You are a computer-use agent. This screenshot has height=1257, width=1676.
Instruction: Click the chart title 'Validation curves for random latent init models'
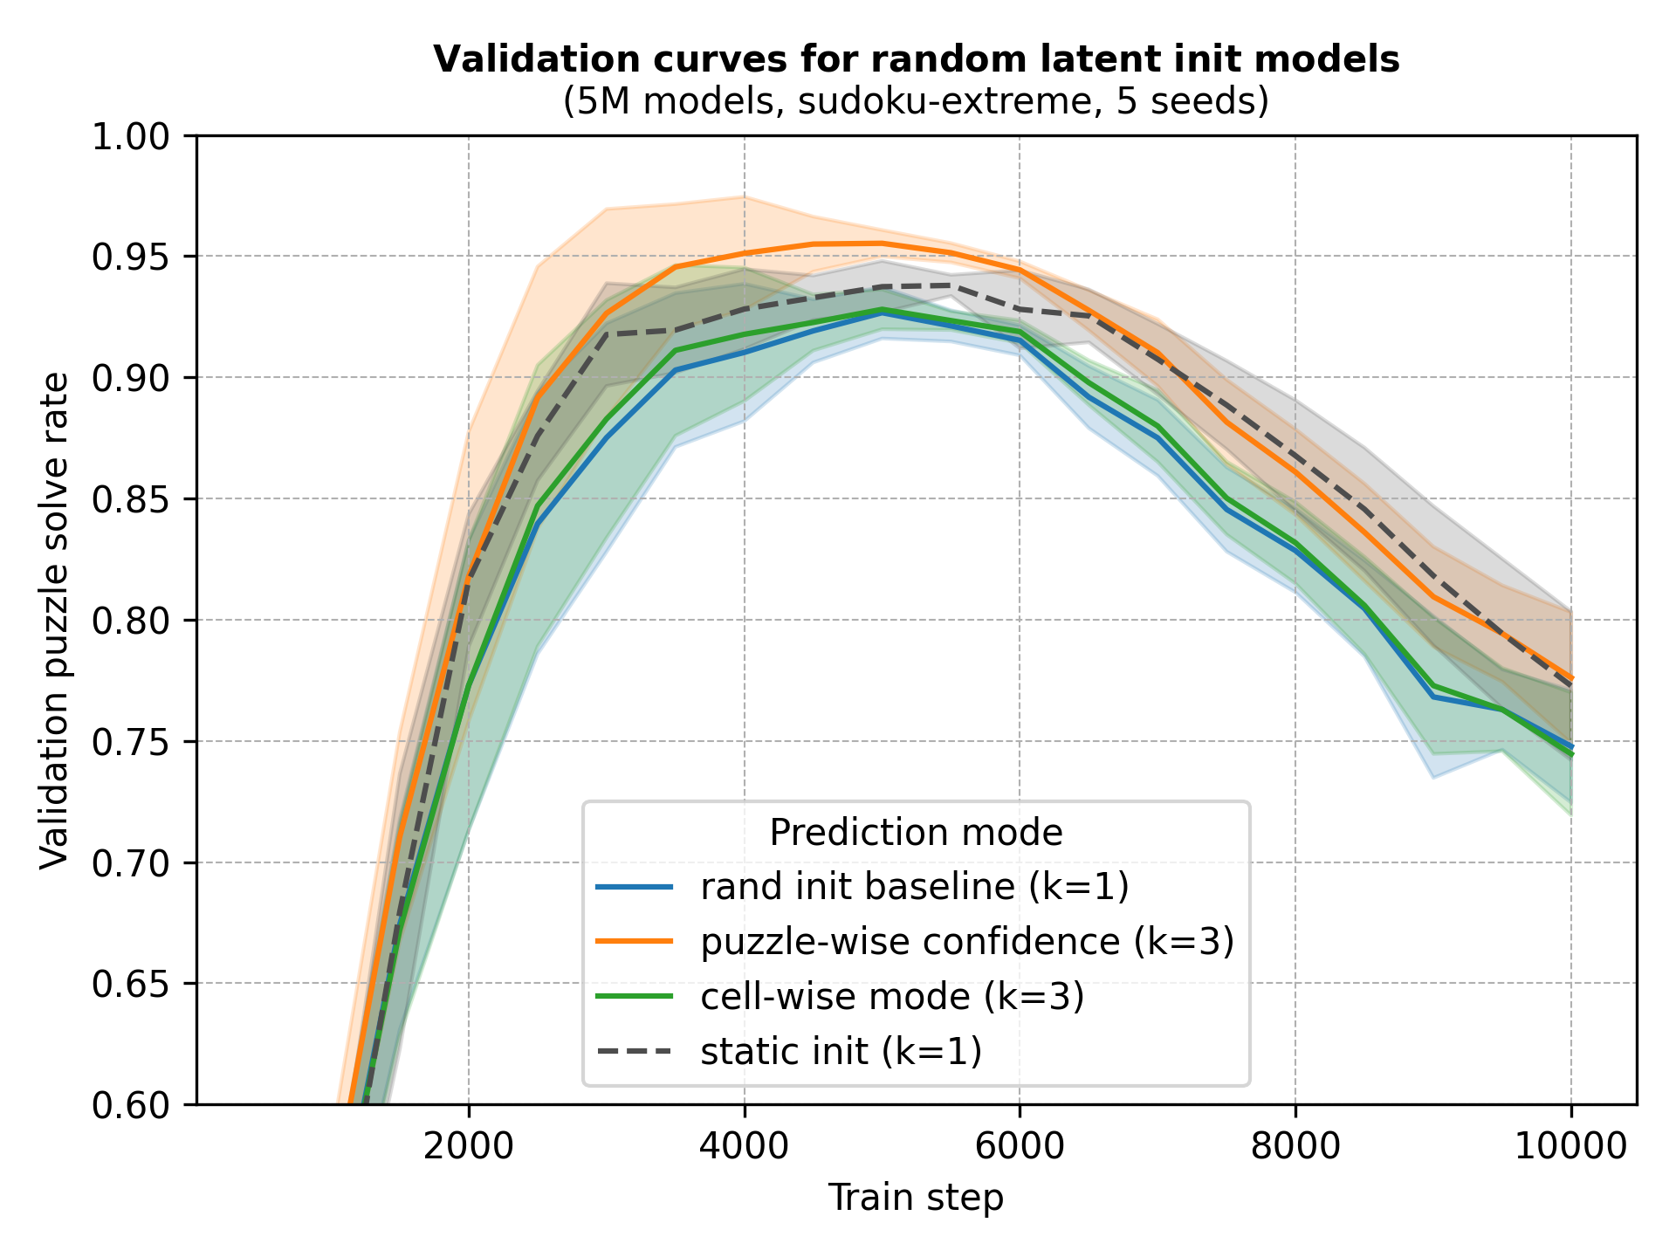coord(916,59)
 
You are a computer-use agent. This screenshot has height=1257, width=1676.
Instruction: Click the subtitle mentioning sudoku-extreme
coord(916,102)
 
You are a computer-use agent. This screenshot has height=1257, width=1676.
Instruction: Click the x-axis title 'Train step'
coord(916,1198)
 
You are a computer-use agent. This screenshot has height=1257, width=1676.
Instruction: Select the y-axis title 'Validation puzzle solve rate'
coord(54,621)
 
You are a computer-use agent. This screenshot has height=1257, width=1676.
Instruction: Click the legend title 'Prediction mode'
coord(916,833)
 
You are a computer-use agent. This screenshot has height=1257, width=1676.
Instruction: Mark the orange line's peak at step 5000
coord(882,244)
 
